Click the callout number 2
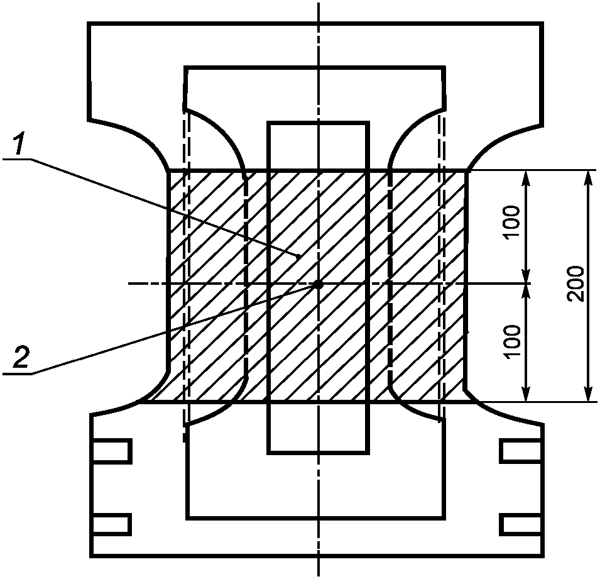click(22, 356)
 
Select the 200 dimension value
click(576, 284)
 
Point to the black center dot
click(318, 284)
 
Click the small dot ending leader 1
click(299, 255)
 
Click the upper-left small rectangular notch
click(111, 451)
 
